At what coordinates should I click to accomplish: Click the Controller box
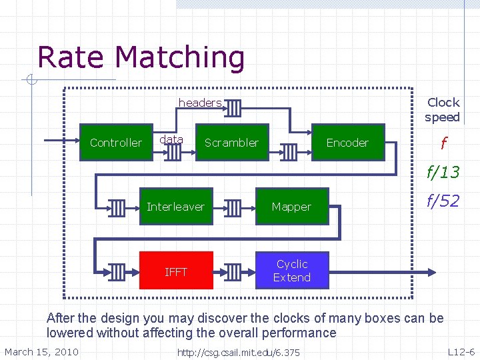(115, 143)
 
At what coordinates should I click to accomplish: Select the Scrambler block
(231, 143)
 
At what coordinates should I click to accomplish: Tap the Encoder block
(347, 143)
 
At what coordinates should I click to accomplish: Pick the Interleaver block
(175, 207)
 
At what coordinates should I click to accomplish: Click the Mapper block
(291, 207)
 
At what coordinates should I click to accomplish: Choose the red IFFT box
(176, 271)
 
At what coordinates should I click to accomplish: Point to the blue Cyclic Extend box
(292, 271)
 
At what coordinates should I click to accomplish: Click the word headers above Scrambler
(199, 103)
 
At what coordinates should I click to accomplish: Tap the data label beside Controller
(171, 139)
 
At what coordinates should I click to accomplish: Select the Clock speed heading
(443, 110)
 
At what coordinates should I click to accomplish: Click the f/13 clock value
(443, 172)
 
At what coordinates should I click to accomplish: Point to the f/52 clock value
(443, 201)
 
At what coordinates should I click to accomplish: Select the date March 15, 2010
(41, 352)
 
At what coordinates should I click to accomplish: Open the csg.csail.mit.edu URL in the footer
(238, 353)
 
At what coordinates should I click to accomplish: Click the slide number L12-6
(461, 352)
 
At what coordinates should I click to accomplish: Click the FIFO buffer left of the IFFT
(117, 271)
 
